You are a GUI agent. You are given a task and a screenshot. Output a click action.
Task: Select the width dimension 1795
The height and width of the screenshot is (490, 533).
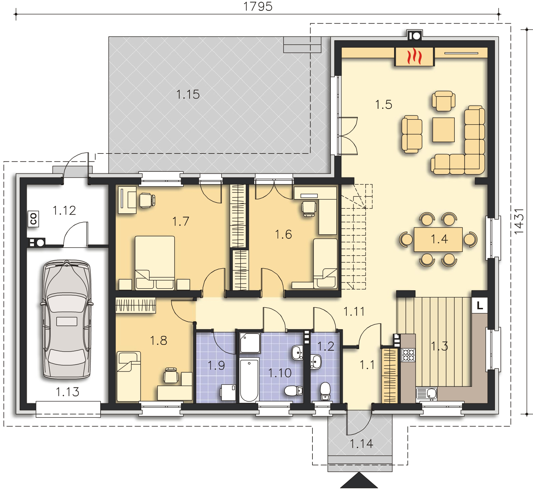point(258,6)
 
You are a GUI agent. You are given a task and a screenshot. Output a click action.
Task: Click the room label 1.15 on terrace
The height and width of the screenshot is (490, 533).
point(188,94)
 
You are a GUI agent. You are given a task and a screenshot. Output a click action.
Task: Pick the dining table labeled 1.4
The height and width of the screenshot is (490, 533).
point(438,239)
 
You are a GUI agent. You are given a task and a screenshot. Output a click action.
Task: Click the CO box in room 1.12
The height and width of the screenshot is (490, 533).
point(33,218)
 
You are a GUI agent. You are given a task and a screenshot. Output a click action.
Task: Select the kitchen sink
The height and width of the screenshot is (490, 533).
point(427,394)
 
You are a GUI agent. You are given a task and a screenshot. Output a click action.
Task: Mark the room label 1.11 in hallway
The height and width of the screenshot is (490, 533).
point(354,312)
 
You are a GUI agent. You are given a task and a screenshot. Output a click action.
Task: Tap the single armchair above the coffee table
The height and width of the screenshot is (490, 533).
point(443,101)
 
